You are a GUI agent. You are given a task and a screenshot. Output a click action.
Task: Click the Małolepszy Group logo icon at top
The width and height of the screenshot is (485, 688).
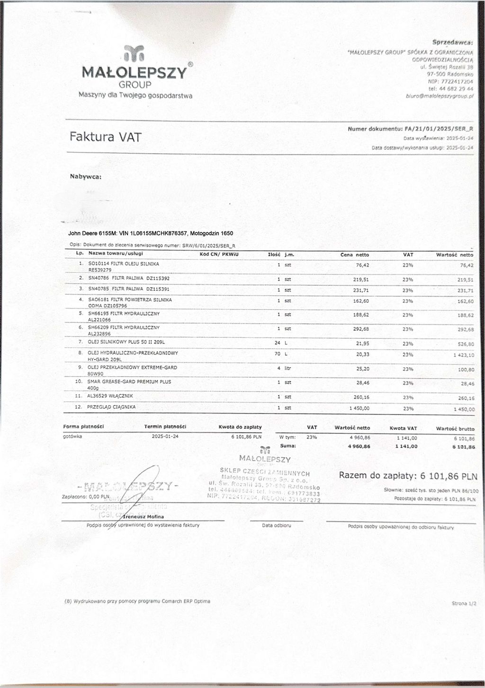(134, 53)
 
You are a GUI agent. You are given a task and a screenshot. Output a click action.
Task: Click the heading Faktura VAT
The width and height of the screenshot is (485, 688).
(105, 137)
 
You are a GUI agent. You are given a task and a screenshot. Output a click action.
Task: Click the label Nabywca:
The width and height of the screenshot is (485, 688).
(86, 177)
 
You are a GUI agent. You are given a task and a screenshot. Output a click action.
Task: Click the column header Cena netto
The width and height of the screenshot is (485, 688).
(354, 255)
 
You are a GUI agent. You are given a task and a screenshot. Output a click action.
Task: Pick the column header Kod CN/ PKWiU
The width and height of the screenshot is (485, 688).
(218, 254)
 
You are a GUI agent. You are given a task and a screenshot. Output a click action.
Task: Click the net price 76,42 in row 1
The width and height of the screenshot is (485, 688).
(362, 265)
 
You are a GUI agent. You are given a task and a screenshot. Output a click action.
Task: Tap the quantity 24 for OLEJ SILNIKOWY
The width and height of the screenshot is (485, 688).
(278, 343)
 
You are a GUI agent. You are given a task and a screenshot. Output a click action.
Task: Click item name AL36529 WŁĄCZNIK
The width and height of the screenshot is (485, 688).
(110, 396)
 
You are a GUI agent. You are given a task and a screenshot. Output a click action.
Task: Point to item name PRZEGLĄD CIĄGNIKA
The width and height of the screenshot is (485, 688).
(111, 407)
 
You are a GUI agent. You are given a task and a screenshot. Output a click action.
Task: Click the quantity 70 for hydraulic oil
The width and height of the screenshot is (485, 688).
(278, 354)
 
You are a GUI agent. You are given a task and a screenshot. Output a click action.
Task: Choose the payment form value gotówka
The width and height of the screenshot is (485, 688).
(72, 436)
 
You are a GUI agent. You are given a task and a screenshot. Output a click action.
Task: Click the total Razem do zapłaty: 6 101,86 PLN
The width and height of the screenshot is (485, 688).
(408, 476)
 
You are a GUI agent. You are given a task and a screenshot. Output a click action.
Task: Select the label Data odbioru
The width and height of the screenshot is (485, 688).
(276, 525)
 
